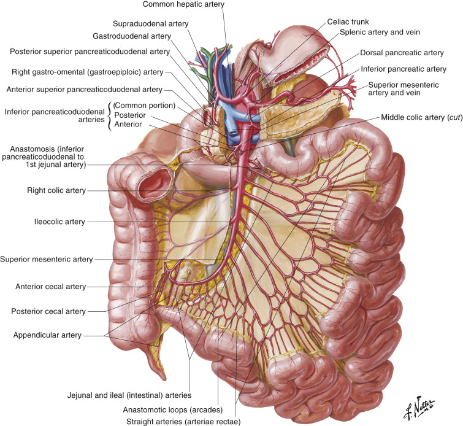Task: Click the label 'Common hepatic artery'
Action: (183, 4)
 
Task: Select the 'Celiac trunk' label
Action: (348, 21)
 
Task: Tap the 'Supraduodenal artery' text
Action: (151, 24)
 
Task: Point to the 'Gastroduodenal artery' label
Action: (132, 36)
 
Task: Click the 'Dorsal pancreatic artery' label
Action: (402, 53)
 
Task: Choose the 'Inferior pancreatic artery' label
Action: (404, 69)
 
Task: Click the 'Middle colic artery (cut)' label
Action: (422, 117)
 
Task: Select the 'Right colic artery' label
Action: (56, 190)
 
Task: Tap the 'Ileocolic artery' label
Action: (59, 222)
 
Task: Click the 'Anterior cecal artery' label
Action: (50, 287)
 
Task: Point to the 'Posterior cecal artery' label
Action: (48, 311)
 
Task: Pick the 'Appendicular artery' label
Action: (47, 335)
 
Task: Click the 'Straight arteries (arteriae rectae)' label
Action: (183, 422)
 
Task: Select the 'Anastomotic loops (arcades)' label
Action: (173, 410)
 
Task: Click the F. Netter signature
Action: (418, 408)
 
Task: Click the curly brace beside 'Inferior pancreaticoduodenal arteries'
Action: (109, 116)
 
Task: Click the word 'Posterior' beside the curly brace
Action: (130, 115)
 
